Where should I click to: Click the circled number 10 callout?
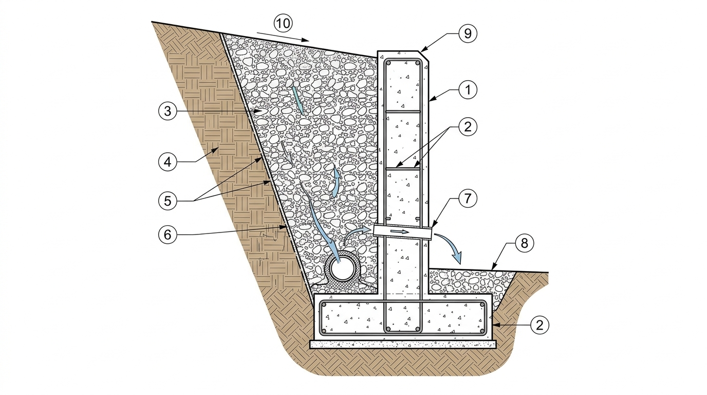283,23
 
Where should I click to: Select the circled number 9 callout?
468,33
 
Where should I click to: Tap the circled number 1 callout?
468,90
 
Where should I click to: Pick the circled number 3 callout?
168,111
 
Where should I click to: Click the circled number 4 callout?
168,162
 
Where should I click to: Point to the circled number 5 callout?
168,201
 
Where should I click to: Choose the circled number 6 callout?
168,235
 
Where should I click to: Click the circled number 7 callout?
468,199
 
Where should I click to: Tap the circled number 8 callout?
524,243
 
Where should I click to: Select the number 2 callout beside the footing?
539,325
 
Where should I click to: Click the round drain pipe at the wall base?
342,269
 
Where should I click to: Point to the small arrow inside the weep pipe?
400,231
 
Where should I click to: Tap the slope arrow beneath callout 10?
283,37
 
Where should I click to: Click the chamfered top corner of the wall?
424,56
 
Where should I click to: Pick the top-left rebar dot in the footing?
324,304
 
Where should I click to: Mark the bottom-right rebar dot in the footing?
482,331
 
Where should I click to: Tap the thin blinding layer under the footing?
403,344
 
